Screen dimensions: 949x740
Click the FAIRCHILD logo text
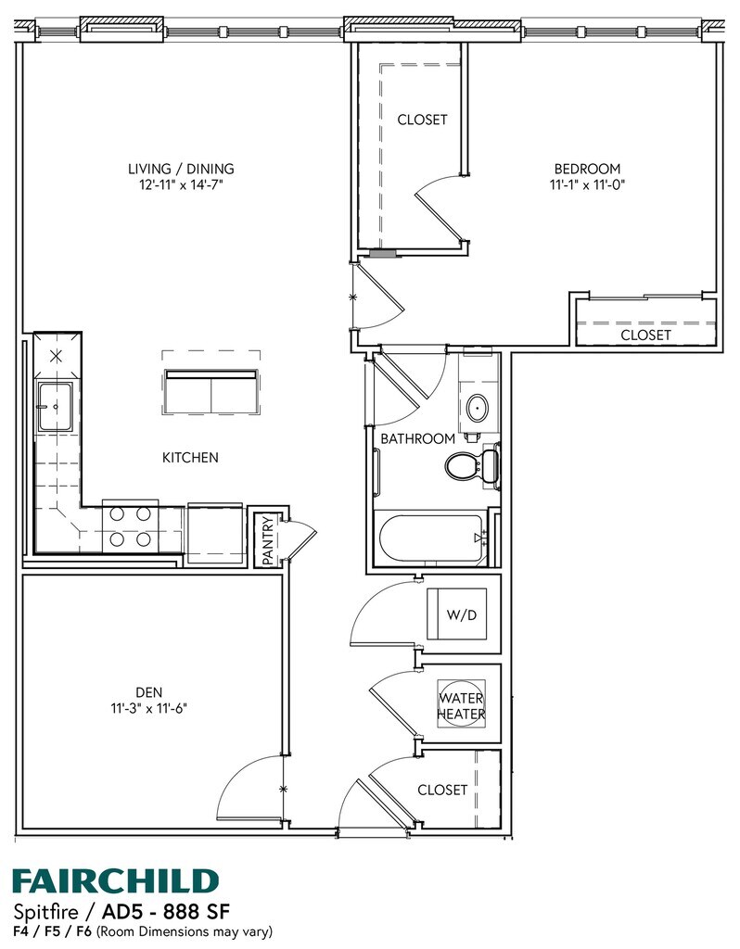115,879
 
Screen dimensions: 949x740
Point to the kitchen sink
52,405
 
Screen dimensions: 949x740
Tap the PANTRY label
267,540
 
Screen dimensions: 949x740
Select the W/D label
461,615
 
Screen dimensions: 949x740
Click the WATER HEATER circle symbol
462,705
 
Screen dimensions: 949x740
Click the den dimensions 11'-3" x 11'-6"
149,709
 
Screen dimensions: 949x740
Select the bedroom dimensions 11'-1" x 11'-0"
586,184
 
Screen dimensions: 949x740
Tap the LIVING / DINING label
181,169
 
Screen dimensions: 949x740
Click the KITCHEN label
190,457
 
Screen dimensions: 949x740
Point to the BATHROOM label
417,438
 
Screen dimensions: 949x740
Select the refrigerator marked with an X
57,356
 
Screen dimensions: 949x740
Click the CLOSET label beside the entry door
442,790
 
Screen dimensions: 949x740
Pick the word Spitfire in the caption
43,909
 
